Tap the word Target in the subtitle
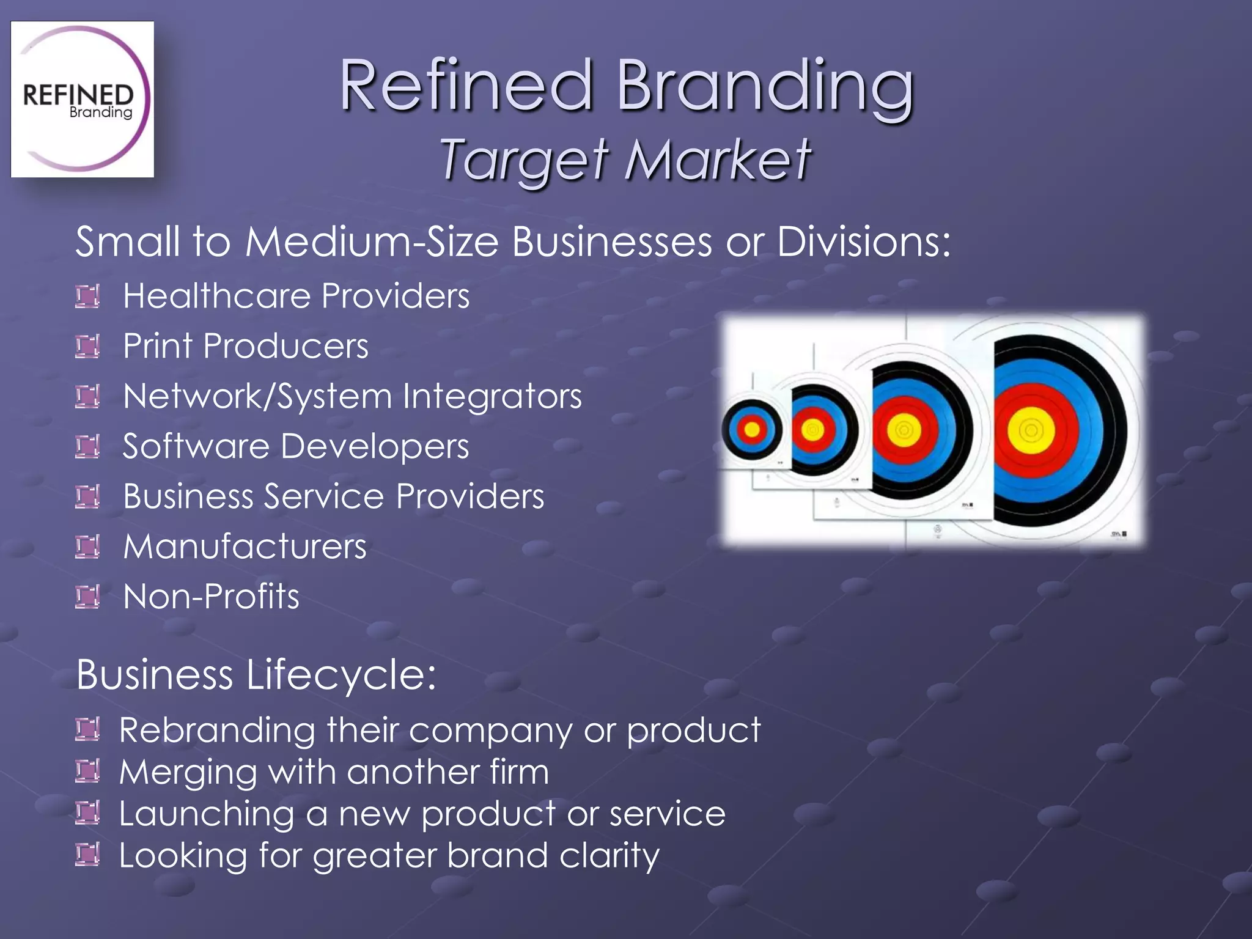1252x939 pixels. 525,160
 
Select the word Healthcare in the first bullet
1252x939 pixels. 218,296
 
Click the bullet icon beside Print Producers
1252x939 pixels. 87,347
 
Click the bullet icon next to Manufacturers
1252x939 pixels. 87,547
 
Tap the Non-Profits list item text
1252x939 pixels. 211,597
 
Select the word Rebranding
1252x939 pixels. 217,730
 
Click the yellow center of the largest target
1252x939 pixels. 1031,430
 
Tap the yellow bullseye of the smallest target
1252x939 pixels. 752,430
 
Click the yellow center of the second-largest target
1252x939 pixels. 904,430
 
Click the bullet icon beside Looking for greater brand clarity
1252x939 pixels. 87,855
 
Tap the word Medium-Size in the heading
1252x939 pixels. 372,241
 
